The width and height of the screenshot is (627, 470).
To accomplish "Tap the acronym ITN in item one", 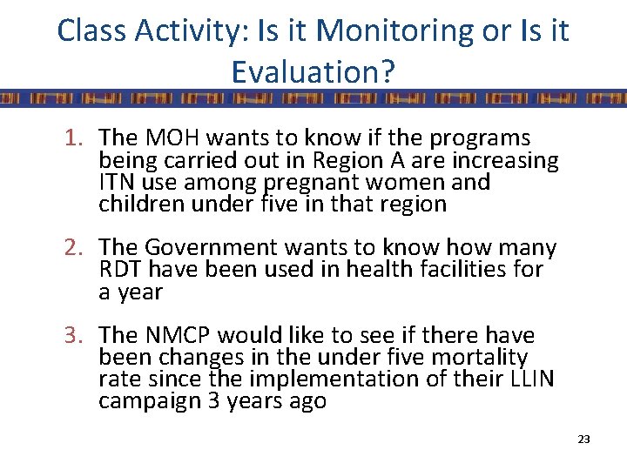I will click(x=118, y=183).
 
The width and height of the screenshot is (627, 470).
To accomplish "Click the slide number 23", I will click(x=583, y=440).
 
